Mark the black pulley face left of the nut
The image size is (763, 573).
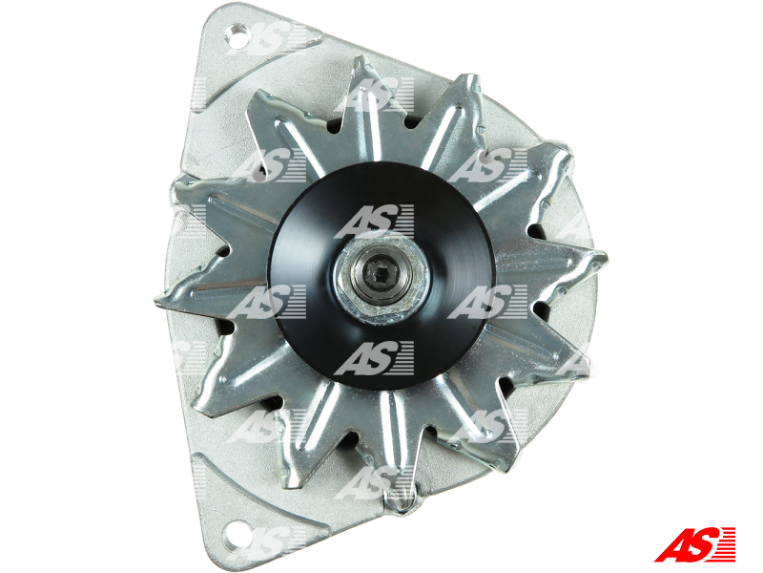[x=300, y=277]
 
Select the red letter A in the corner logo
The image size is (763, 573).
[x=673, y=543]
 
